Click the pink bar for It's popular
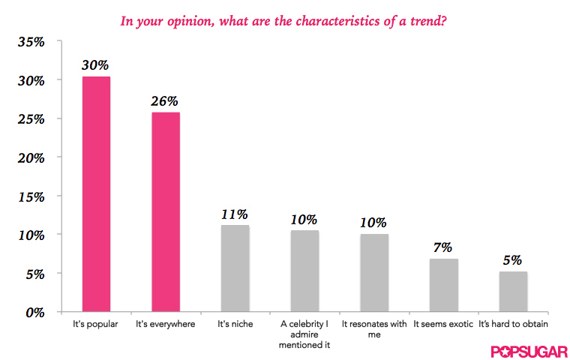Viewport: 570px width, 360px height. coord(96,195)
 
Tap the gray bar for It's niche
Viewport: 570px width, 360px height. coord(235,268)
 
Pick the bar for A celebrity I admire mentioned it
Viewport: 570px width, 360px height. coord(304,271)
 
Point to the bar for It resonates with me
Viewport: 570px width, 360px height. coord(374,273)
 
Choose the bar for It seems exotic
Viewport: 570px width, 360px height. coord(443,285)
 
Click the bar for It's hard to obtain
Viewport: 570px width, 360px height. coord(513,292)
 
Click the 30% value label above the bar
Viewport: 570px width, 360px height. coord(96,64)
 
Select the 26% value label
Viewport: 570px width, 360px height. coord(166,100)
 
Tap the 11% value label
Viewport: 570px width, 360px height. coord(235,214)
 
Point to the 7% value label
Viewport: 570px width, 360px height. coord(443,247)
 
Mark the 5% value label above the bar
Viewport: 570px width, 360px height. coord(513,260)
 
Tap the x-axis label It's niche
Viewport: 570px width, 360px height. coord(235,325)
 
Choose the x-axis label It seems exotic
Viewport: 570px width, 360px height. coord(443,325)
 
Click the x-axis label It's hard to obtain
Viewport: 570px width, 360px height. coord(513,325)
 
